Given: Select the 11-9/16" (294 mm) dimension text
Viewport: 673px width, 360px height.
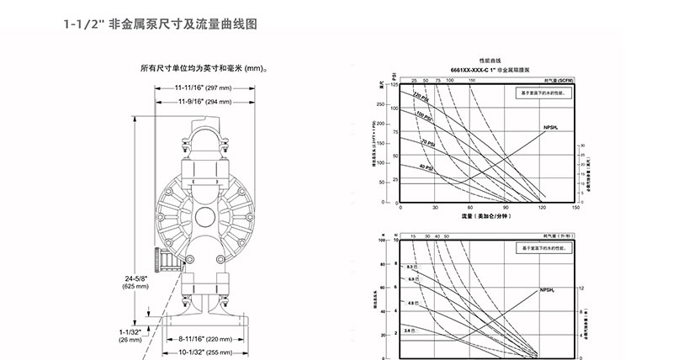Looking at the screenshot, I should (x=207, y=102).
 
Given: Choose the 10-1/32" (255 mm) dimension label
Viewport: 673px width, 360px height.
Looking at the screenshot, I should (x=207, y=352).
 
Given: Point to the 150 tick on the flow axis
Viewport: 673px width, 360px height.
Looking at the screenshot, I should (x=575, y=207).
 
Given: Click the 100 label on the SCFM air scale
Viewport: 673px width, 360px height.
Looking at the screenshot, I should (x=451, y=81).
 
